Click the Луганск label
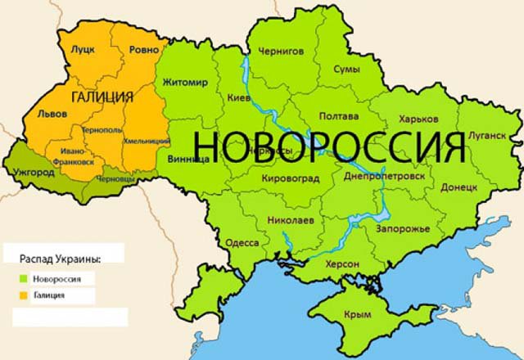coord(487,135)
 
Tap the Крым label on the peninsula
coord(359,313)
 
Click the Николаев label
coord(291,221)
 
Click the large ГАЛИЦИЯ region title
coord(102,97)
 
